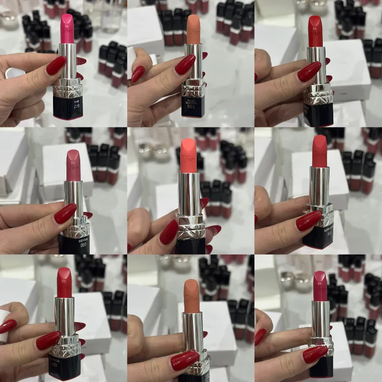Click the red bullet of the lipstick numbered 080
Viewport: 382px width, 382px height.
pos(64,282)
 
